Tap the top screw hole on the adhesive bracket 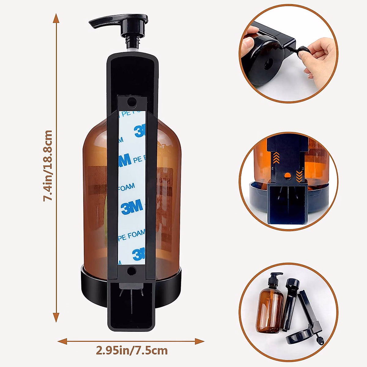pos(132,103)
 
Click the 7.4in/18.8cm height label pos(48,165)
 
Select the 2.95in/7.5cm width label pos(132,350)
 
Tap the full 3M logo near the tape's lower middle pos(132,207)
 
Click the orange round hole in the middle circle pos(287,176)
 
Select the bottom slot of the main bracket pos(132,306)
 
